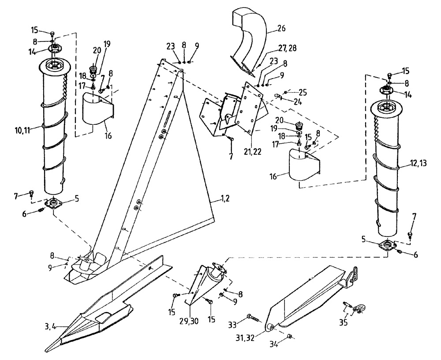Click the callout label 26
(x=281, y=29)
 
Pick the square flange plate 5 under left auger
(x=55, y=204)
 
